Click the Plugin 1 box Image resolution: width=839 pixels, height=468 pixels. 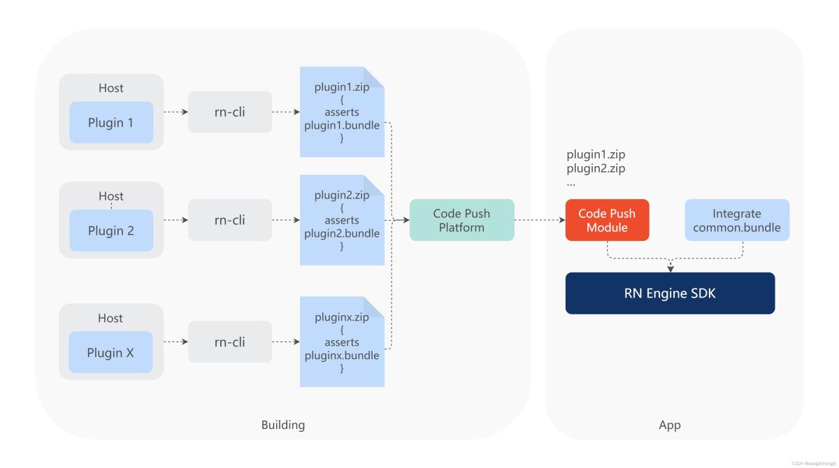coord(111,122)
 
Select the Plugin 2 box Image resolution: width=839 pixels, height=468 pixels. coord(111,231)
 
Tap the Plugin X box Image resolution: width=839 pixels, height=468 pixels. coord(111,352)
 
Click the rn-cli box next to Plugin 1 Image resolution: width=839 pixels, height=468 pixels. coord(229,112)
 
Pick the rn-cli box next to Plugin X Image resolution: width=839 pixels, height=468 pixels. coord(229,342)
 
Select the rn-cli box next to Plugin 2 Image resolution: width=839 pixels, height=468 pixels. coord(229,220)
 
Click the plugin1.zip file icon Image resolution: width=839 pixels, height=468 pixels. coord(342,112)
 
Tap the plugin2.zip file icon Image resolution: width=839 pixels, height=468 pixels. coord(342,220)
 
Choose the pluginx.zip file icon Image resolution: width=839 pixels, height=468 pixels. coord(342,342)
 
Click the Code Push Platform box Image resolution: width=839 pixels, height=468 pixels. coord(461,220)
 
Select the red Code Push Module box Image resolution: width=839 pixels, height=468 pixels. coord(607,220)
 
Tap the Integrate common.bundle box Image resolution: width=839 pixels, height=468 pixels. coord(737,220)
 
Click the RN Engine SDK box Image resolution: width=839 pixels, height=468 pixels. coord(670,293)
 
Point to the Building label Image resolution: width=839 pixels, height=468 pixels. coord(283,425)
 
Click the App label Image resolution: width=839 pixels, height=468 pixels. coord(670,425)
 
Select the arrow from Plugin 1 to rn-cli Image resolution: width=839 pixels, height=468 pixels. coord(175,112)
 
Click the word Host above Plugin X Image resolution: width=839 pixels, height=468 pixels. coord(110,318)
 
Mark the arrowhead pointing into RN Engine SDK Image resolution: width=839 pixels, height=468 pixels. coord(671,269)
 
